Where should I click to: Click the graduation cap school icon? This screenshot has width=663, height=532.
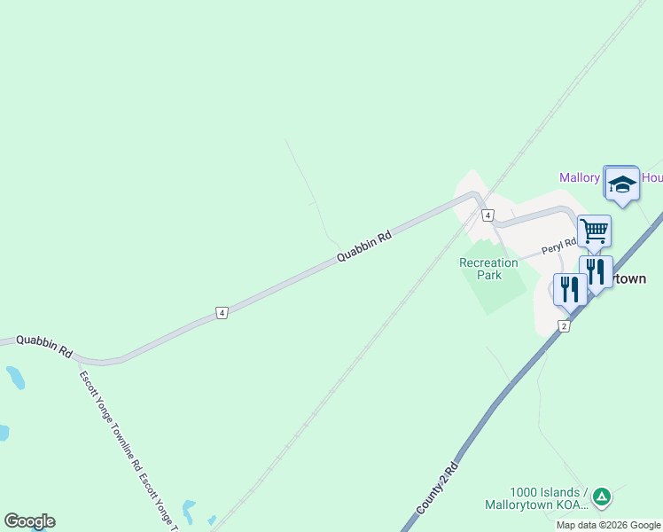[x=621, y=184]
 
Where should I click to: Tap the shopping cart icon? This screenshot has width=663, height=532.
[x=594, y=231]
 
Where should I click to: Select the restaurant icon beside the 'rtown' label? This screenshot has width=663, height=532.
[x=596, y=271]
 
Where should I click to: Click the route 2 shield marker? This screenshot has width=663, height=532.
[x=564, y=326]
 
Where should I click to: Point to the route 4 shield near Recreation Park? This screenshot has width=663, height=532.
[x=487, y=215]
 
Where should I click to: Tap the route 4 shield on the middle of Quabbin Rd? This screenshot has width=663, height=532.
[x=222, y=312]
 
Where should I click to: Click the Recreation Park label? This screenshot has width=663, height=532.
[x=488, y=269]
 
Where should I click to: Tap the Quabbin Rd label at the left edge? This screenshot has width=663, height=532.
[x=43, y=345]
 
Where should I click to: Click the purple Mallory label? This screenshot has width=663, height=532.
[x=580, y=177]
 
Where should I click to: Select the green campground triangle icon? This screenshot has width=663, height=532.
[x=602, y=497]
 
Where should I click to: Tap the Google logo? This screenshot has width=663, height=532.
[x=29, y=521]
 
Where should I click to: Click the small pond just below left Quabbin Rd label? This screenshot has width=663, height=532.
[x=15, y=378]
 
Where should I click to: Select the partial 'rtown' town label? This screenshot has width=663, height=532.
[x=629, y=278]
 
